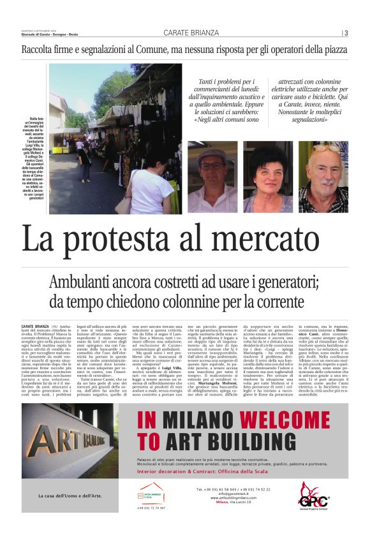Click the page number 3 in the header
(346, 33)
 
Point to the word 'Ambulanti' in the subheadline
(84, 283)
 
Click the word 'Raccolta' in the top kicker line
(40, 49)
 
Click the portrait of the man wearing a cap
(212, 176)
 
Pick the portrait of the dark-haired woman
(268, 176)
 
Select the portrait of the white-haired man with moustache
(323, 176)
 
